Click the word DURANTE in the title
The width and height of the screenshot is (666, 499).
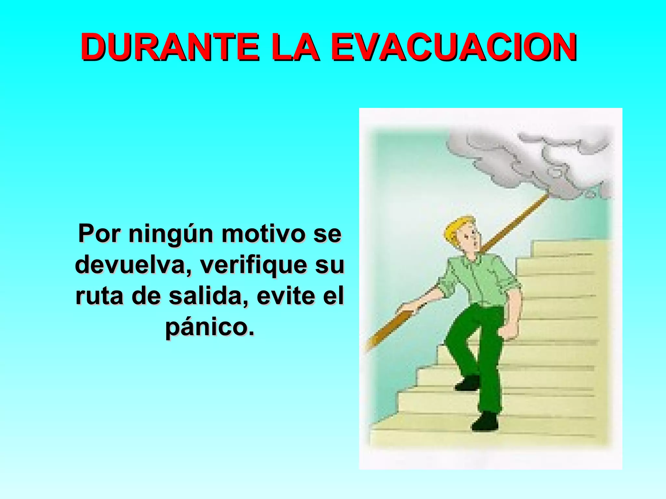[x=170, y=47]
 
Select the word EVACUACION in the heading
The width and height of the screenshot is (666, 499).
[x=454, y=47]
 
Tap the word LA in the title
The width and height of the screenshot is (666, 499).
[x=295, y=47]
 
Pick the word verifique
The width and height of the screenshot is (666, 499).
[x=253, y=265]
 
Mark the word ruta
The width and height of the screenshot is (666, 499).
[x=100, y=296]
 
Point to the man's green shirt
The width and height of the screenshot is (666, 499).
[x=478, y=279]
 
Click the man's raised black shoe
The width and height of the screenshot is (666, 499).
[x=468, y=383]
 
